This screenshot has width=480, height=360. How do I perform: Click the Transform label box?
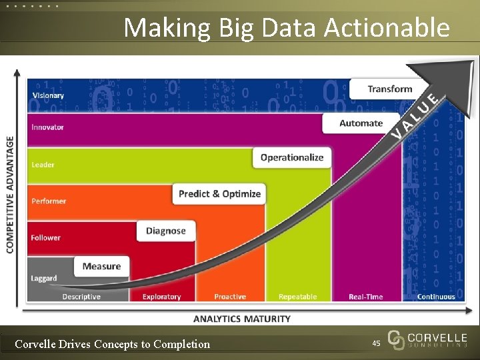390,89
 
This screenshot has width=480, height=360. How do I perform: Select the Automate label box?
361,123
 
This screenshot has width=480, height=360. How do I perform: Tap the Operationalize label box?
291,158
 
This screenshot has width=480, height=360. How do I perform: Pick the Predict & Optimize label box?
219,194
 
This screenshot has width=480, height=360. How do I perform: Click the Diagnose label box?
166,231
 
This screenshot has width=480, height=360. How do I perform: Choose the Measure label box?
101,267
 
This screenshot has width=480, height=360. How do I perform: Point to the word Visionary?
48,95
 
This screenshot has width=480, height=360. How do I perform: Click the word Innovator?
47,127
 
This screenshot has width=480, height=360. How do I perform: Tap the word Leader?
43,165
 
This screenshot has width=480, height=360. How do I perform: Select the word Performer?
49,201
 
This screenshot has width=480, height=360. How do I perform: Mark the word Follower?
45,237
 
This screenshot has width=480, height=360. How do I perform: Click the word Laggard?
44,278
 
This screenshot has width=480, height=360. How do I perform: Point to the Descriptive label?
81,297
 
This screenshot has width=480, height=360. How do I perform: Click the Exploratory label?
161,297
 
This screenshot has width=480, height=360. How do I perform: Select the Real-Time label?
366,297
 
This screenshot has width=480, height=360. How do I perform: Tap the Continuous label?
436,297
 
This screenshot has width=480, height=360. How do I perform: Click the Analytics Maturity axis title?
242,319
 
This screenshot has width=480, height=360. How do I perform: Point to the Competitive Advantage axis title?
10,195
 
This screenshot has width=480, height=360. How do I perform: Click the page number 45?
376,343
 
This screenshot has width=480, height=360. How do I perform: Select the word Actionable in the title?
387,28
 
